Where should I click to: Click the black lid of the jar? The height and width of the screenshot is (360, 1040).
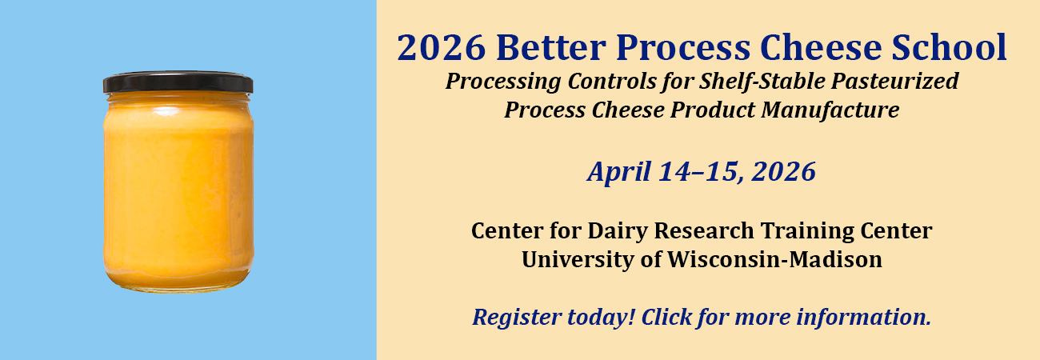click(178, 82)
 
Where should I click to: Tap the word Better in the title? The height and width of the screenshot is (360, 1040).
click(550, 47)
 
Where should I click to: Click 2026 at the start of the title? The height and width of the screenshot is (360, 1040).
click(441, 47)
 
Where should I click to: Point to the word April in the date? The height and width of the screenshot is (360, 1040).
click(619, 172)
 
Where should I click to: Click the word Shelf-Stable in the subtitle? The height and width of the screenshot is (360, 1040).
click(762, 82)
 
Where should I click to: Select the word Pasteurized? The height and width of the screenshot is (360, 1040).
click(895, 82)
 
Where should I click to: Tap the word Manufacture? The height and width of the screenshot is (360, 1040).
click(830, 110)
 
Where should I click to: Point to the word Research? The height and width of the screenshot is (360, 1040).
click(704, 231)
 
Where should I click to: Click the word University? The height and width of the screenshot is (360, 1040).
click(577, 260)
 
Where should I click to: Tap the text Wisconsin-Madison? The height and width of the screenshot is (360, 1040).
click(775, 259)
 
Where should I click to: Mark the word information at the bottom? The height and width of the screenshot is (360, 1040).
click(863, 318)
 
